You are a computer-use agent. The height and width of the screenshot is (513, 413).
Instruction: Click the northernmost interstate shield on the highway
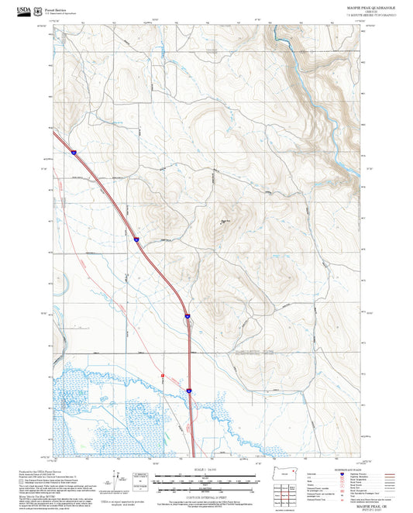coord(72,153)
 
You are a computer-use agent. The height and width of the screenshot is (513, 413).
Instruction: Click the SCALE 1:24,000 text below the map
coord(206,471)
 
